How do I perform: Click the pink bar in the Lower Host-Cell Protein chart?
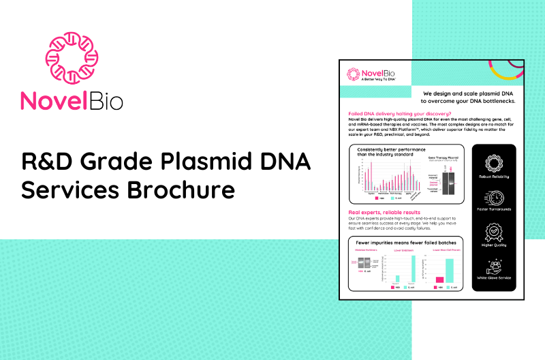pos(439,279)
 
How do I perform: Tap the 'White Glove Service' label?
pos(496,278)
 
